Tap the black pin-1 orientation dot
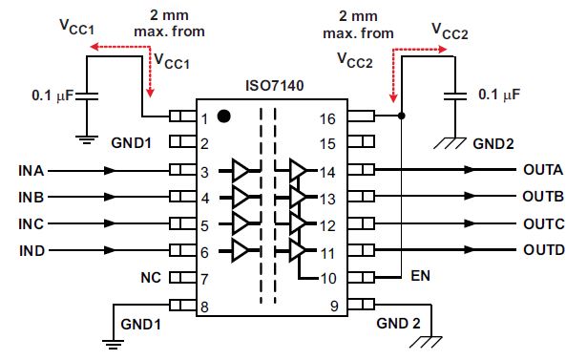click(x=223, y=116)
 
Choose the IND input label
click(x=31, y=251)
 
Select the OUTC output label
click(x=544, y=224)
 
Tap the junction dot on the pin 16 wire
click(x=401, y=116)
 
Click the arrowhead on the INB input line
click(x=112, y=198)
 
